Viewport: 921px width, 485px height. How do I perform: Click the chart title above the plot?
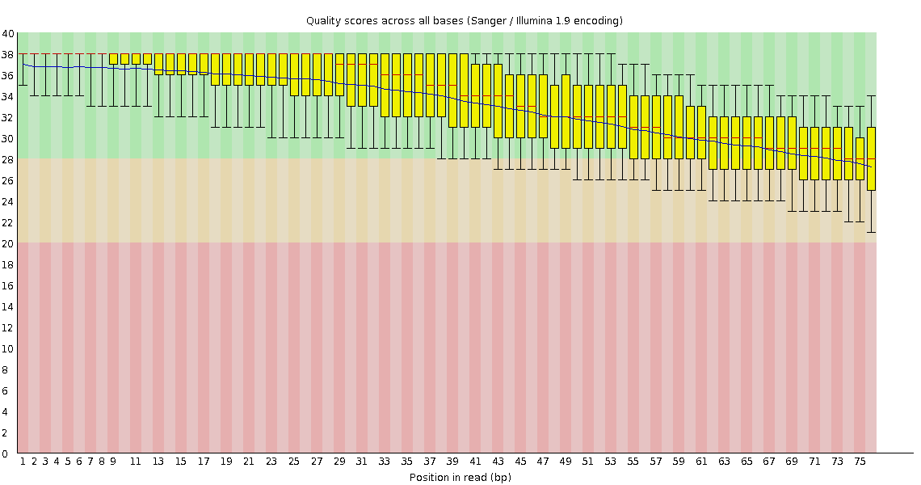(464, 20)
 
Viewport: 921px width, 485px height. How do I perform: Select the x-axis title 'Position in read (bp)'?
(460, 477)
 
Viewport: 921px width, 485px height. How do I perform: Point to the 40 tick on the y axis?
(7, 33)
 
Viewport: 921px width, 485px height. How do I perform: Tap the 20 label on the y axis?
(7, 243)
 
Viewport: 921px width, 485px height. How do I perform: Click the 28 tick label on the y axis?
(7, 159)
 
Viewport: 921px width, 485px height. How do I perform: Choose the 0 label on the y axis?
(7, 453)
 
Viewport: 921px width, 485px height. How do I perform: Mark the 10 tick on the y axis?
(7, 348)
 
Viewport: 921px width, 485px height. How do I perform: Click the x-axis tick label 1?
(23, 462)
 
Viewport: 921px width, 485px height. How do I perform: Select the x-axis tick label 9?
(113, 462)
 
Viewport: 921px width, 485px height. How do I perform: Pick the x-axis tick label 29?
(339, 462)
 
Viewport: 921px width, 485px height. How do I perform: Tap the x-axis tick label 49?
(566, 462)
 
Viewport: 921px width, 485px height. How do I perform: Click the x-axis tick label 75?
(860, 462)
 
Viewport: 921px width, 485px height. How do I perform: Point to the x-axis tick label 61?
(701, 462)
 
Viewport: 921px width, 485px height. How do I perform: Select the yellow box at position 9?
(114, 59)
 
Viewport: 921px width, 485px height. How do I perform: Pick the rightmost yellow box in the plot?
(871, 158)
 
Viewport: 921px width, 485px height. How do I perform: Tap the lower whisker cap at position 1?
(23, 85)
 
